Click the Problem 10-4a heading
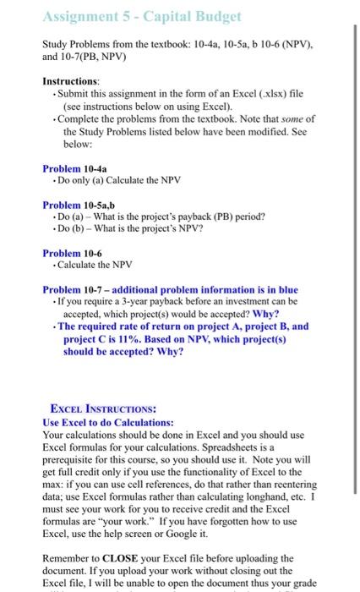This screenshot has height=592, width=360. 71,167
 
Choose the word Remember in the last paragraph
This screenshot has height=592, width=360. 67,558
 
